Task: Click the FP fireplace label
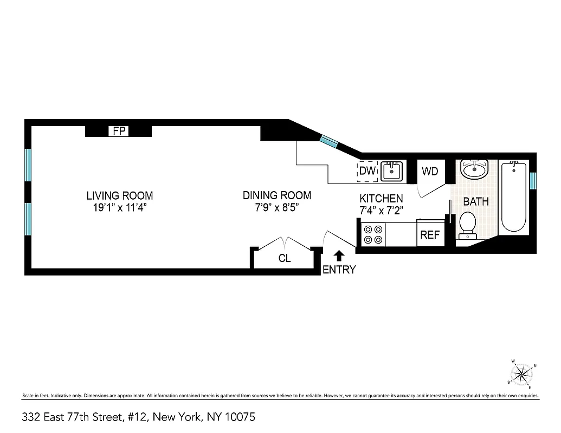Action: coord(118,131)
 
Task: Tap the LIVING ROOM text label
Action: coord(120,195)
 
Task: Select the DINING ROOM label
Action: coord(276,195)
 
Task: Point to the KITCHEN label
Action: coord(381,199)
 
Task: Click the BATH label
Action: coord(476,201)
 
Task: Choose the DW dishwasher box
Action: coord(367,171)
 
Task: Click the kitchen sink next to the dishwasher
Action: coord(391,171)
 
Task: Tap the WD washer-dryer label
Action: coord(430,172)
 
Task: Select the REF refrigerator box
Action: coord(430,235)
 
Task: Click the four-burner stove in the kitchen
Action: coord(373,234)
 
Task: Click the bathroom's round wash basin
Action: coord(475,168)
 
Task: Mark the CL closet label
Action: coord(285,259)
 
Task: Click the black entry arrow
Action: coord(339,255)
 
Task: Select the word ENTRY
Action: coord(339,270)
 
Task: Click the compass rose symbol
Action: coord(523,373)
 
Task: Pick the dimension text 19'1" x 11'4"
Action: coord(120,207)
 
